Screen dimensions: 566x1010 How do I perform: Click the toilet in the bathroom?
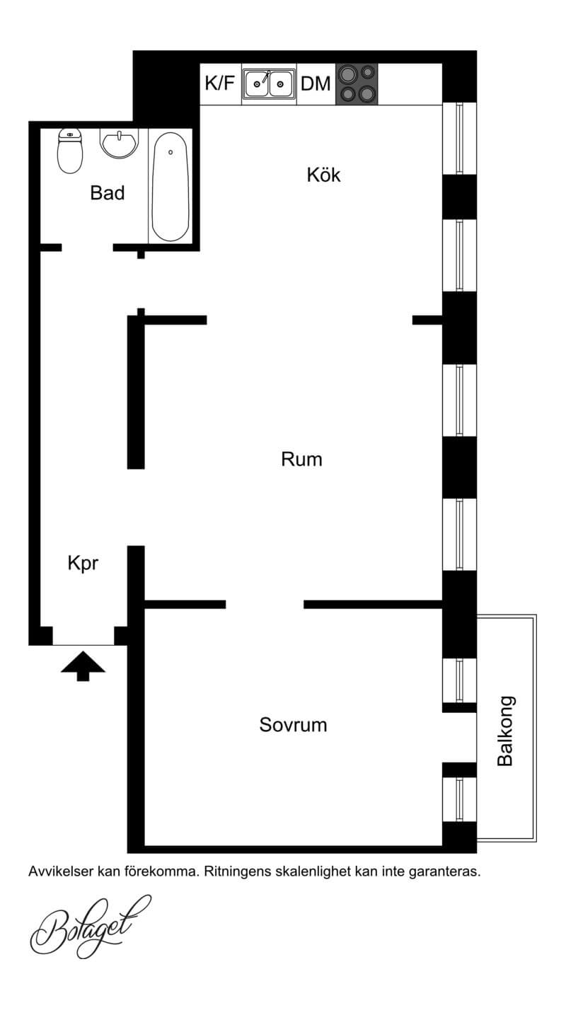[70, 151]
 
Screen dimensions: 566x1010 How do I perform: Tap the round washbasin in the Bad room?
[119, 144]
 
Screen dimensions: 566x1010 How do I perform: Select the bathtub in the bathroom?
[170, 187]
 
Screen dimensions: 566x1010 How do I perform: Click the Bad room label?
[108, 193]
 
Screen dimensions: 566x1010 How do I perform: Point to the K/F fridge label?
[220, 83]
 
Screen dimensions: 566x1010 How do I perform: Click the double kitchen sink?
[270, 84]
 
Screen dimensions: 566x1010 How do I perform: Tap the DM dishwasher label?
[316, 84]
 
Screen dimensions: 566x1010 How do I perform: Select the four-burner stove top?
[357, 84]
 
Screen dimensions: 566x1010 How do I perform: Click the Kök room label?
[324, 175]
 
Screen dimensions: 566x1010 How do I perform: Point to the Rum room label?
[301, 460]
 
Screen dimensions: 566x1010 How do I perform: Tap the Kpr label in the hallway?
[83, 564]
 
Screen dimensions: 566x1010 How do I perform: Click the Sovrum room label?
[293, 725]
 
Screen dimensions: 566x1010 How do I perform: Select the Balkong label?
[505, 731]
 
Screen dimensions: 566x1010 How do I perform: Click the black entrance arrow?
[83, 666]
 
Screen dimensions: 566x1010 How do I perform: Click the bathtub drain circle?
[171, 152]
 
